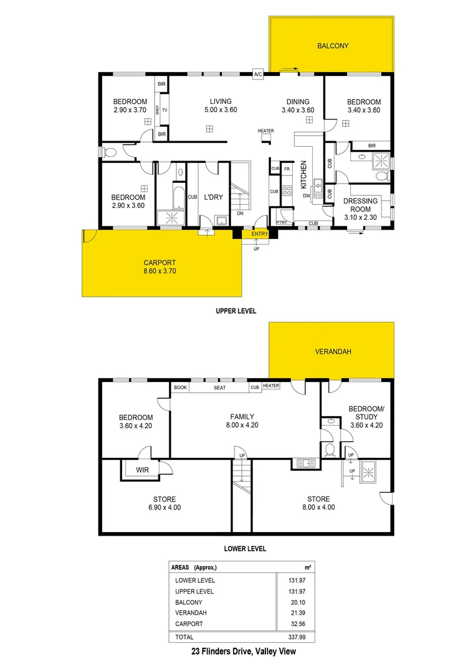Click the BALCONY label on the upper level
(x=332, y=46)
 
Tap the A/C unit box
(x=258, y=75)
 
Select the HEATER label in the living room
(x=266, y=131)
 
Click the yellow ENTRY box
(x=260, y=234)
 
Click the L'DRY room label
(x=214, y=197)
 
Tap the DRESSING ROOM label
(x=361, y=205)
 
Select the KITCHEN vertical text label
(x=304, y=175)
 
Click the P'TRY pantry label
(x=281, y=223)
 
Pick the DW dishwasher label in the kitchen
(x=306, y=196)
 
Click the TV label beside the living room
(x=164, y=110)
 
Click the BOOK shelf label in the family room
(x=181, y=386)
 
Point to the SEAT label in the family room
(x=219, y=386)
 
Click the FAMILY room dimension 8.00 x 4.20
(x=241, y=426)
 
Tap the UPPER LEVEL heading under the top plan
(x=236, y=310)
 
